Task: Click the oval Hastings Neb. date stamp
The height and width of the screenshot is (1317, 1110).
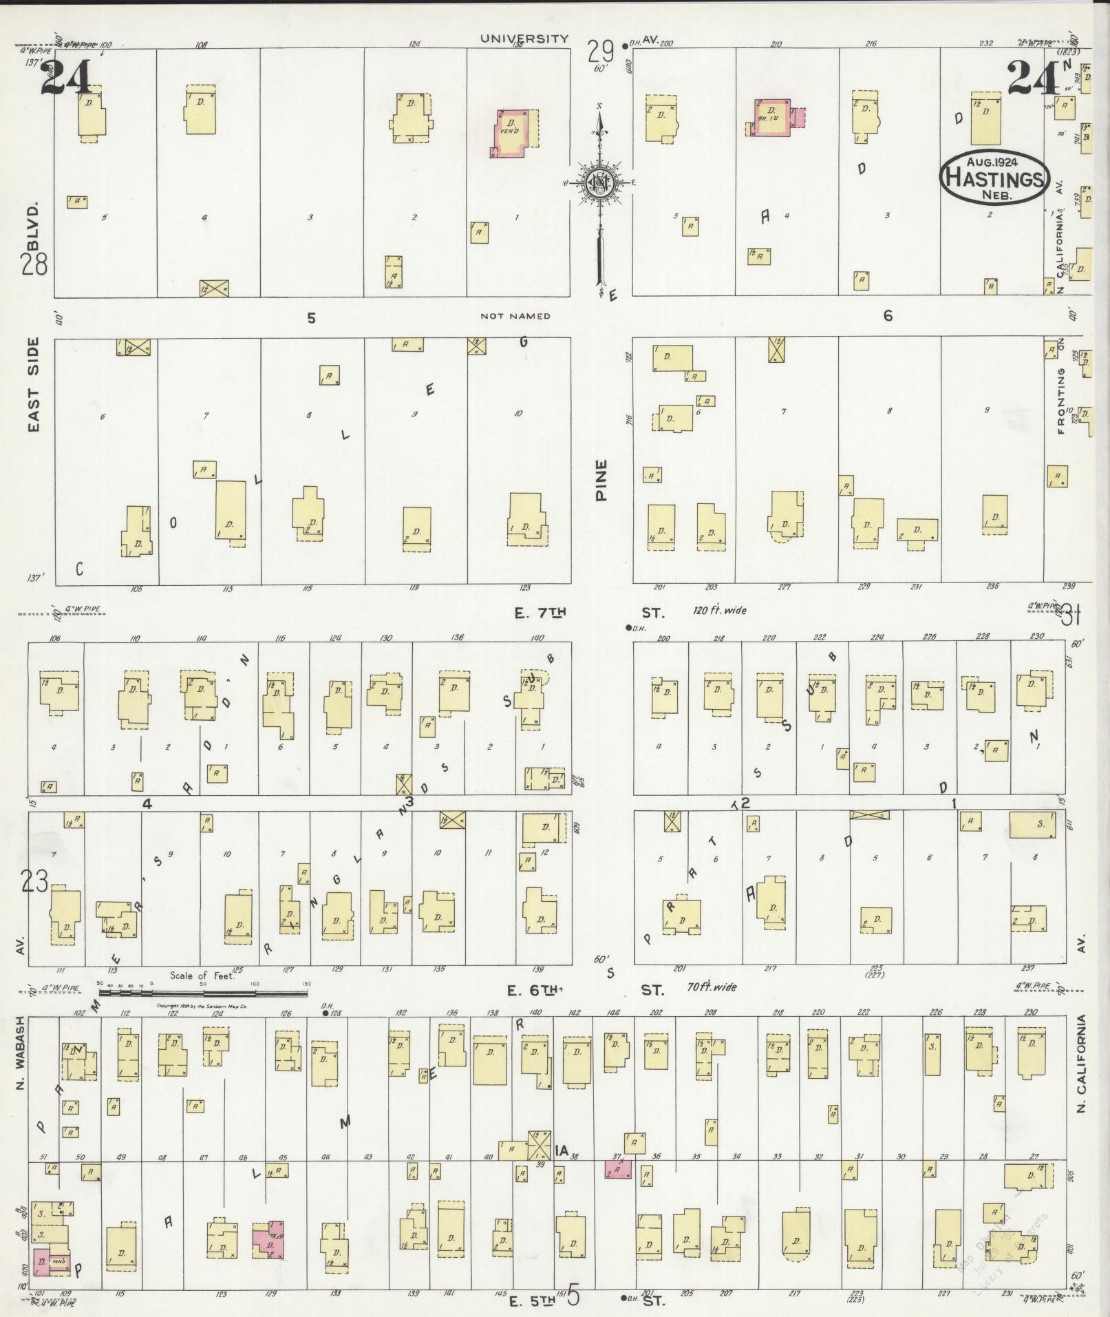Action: (994, 176)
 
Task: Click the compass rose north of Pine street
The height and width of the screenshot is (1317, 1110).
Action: (600, 183)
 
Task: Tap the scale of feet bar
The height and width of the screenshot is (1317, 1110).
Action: (204, 993)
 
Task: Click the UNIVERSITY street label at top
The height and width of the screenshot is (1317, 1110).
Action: (524, 39)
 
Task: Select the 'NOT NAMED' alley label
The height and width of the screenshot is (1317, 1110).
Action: (515, 316)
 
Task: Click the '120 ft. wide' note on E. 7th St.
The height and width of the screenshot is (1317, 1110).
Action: (720, 610)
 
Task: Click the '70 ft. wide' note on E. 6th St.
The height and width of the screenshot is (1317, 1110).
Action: (712, 987)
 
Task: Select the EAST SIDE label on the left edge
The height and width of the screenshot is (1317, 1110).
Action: (34, 384)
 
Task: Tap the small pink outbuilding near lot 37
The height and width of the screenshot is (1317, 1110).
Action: (618, 1168)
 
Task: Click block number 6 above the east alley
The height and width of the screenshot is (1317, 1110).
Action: (888, 316)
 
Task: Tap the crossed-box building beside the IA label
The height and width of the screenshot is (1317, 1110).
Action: (539, 1145)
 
